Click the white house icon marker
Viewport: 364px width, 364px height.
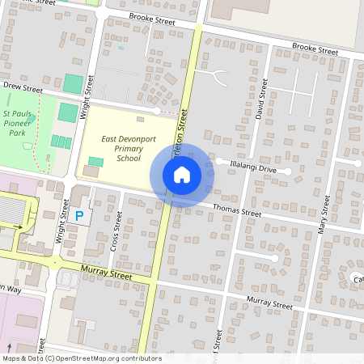coord(182,175)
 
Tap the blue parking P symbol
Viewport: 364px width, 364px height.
coord(79,216)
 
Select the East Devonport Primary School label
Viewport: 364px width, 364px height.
coord(128,149)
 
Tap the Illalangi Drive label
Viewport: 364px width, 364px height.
coord(253,170)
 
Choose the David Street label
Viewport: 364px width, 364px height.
coord(260,103)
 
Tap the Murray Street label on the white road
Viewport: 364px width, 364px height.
coord(269,304)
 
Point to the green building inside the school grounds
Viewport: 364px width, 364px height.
coord(95,163)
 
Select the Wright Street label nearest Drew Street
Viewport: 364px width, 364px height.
coord(88,97)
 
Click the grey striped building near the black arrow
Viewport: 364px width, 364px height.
coord(11,211)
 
